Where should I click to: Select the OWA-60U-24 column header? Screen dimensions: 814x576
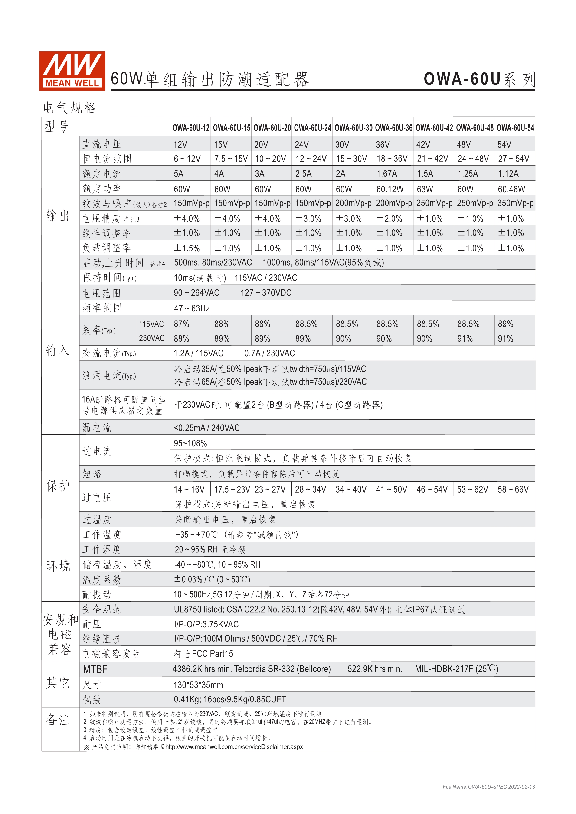pos(312,128)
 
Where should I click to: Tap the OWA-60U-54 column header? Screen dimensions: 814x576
pos(515,128)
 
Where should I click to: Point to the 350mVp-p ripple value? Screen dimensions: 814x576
pos(515,203)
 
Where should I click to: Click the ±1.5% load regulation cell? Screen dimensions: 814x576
pos(187,248)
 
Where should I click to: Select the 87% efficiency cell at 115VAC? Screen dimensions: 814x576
pos(182,324)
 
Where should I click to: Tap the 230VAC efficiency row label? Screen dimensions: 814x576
pos(152,338)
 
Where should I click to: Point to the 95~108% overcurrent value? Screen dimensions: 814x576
pos(190,443)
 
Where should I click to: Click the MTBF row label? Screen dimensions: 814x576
pos(95,669)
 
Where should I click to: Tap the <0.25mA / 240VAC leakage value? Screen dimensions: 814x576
pos(207,428)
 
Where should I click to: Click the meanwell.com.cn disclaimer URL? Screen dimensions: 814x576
pos(234,747)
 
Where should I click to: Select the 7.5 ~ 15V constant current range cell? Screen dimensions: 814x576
pos(231,159)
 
